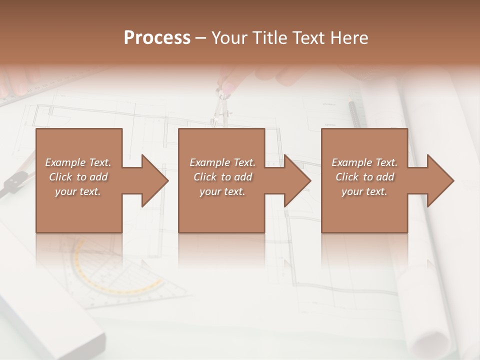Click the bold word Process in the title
pos(157,38)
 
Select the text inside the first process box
pos(78,177)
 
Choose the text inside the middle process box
pos(222,177)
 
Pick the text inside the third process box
pos(364,177)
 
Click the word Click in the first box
pos(61,177)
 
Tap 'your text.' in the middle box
pos(222,191)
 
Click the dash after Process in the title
pos(201,38)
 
